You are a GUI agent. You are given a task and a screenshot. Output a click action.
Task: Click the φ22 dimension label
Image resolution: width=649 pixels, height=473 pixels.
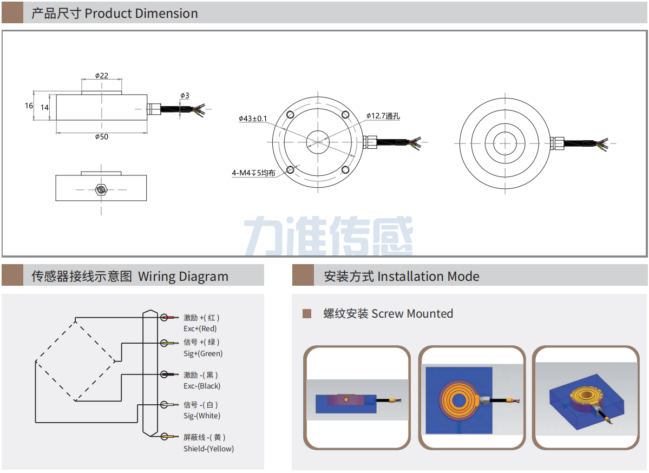[102, 76]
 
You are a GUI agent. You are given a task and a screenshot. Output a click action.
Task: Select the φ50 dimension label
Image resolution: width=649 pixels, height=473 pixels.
[102, 137]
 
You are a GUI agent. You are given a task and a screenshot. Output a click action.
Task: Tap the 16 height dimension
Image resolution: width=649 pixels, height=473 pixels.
[29, 106]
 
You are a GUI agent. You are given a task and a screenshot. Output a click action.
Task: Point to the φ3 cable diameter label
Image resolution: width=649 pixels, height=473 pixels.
[185, 96]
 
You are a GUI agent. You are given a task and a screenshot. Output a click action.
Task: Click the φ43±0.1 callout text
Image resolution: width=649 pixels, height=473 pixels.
[253, 119]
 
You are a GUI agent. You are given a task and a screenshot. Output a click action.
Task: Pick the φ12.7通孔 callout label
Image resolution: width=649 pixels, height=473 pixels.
[383, 116]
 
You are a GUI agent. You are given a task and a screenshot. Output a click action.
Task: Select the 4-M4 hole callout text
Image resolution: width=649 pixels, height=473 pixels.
[253, 173]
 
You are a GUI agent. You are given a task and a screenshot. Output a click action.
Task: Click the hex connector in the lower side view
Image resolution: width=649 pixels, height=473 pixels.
[101, 189]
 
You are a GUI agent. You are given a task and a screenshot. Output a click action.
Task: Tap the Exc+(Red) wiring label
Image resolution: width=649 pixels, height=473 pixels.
[200, 329]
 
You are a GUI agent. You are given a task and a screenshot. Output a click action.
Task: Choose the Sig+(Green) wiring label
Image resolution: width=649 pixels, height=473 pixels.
[203, 353]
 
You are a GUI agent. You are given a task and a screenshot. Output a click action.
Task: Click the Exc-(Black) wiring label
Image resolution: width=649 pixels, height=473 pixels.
[202, 386]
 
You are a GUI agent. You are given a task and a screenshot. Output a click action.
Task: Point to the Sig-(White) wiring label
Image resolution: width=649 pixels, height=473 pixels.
[202, 416]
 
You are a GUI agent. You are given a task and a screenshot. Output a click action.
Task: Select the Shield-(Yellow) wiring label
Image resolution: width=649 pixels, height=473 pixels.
[208, 449]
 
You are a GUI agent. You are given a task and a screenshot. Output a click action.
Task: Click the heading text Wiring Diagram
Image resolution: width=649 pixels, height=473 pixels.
[183, 277]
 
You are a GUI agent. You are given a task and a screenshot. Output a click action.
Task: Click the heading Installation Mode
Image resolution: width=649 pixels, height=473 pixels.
[428, 277]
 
